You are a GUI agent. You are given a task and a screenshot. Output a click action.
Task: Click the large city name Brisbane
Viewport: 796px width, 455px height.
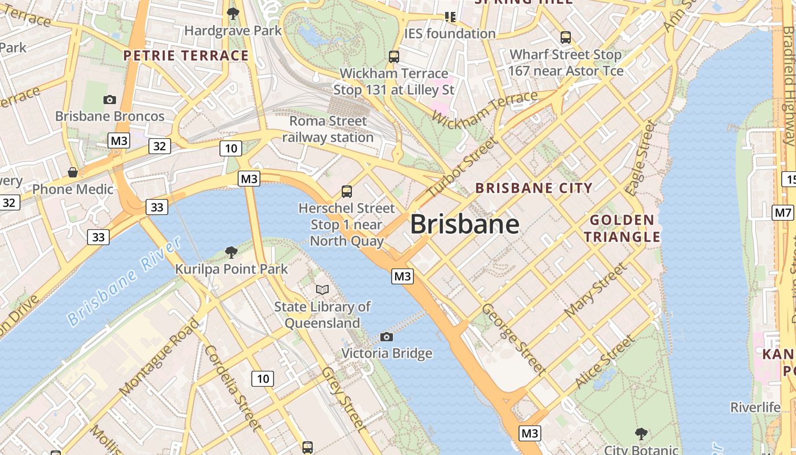click(x=465, y=224)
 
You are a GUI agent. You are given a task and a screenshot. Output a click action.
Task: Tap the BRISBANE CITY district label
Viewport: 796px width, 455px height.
click(x=534, y=188)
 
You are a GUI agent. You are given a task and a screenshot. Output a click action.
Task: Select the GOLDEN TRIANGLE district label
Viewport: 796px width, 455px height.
click(x=622, y=228)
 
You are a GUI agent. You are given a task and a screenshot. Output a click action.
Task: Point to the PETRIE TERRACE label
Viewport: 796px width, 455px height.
click(x=186, y=56)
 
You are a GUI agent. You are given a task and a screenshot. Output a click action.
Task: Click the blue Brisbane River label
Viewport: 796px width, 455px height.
click(x=125, y=281)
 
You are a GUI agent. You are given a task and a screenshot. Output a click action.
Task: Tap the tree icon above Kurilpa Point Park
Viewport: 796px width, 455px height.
click(x=231, y=252)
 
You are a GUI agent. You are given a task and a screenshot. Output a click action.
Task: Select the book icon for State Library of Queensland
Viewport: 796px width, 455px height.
click(x=322, y=289)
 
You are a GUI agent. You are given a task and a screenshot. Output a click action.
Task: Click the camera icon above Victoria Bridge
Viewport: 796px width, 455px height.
click(x=387, y=337)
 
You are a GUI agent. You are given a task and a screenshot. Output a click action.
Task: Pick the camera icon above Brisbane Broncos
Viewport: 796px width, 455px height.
click(x=110, y=100)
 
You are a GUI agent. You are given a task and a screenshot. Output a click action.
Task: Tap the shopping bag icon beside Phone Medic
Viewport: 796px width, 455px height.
click(x=73, y=172)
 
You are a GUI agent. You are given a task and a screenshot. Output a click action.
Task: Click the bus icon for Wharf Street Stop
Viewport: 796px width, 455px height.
click(x=565, y=38)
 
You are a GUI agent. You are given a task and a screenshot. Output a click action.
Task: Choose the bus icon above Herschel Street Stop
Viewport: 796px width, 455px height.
click(x=347, y=192)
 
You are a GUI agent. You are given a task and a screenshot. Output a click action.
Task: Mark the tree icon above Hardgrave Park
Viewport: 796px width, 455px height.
click(x=233, y=14)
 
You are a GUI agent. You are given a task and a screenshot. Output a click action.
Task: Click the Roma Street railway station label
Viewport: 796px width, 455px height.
click(x=328, y=129)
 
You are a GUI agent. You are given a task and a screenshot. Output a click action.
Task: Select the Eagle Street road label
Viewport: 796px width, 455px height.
click(x=641, y=158)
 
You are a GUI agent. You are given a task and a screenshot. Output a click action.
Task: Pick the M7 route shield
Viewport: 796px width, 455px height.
click(x=782, y=213)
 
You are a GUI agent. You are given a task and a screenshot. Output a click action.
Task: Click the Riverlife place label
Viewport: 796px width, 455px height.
click(x=755, y=407)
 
